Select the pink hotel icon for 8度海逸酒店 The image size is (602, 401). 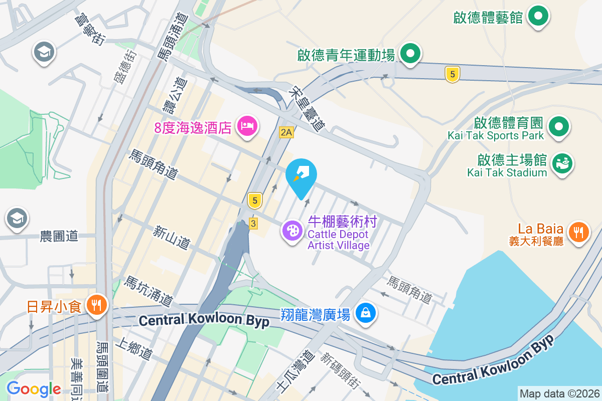(x=247, y=124)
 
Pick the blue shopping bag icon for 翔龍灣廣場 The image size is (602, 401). (x=366, y=313)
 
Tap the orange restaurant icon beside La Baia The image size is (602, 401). (x=579, y=231)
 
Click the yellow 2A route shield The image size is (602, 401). (x=286, y=132)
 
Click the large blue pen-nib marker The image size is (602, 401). (x=301, y=175)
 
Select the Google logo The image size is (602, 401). (x=34, y=388)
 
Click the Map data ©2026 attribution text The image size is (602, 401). (x=559, y=393)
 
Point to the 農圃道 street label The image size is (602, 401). (x=59, y=236)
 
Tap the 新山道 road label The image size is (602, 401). (x=172, y=238)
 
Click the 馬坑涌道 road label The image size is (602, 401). (x=148, y=291)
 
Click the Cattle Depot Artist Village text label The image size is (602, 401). (x=339, y=240)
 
